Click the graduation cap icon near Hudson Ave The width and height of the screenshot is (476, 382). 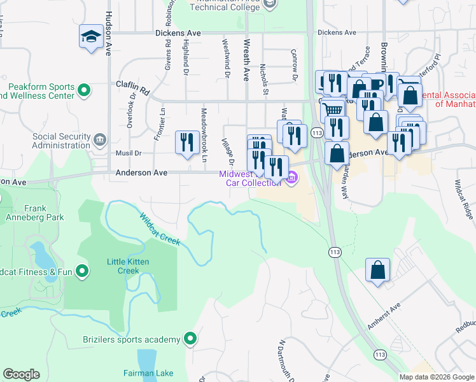pyautogui.click(x=91, y=36)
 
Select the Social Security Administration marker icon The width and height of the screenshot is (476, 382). pyautogui.click(x=99, y=139)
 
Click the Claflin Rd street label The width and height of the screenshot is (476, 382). pyautogui.click(x=132, y=83)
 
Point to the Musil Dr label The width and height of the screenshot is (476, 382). pyautogui.click(x=128, y=153)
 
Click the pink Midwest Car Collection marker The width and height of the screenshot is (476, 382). pyautogui.click(x=292, y=178)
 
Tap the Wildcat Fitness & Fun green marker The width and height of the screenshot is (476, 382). pyautogui.click(x=82, y=272)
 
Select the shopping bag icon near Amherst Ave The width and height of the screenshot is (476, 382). pyautogui.click(x=377, y=269)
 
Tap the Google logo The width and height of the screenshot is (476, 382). pyautogui.click(x=21, y=374)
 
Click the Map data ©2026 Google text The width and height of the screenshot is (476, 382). pyautogui.click(x=436, y=377)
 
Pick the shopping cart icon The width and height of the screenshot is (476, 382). pyautogui.click(x=332, y=110)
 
